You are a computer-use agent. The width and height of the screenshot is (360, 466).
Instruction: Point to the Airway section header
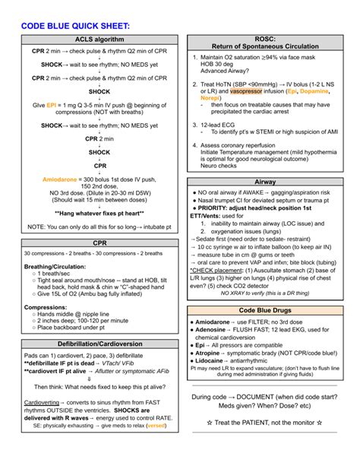265,182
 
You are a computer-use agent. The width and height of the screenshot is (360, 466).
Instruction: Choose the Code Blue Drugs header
265,311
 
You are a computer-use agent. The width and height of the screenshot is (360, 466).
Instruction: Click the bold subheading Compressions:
46,307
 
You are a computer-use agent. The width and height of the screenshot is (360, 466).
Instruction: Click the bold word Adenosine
213,330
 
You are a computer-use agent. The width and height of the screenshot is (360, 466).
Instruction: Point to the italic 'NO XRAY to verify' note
262,293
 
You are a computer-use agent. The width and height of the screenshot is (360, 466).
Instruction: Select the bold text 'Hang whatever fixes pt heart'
99,214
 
